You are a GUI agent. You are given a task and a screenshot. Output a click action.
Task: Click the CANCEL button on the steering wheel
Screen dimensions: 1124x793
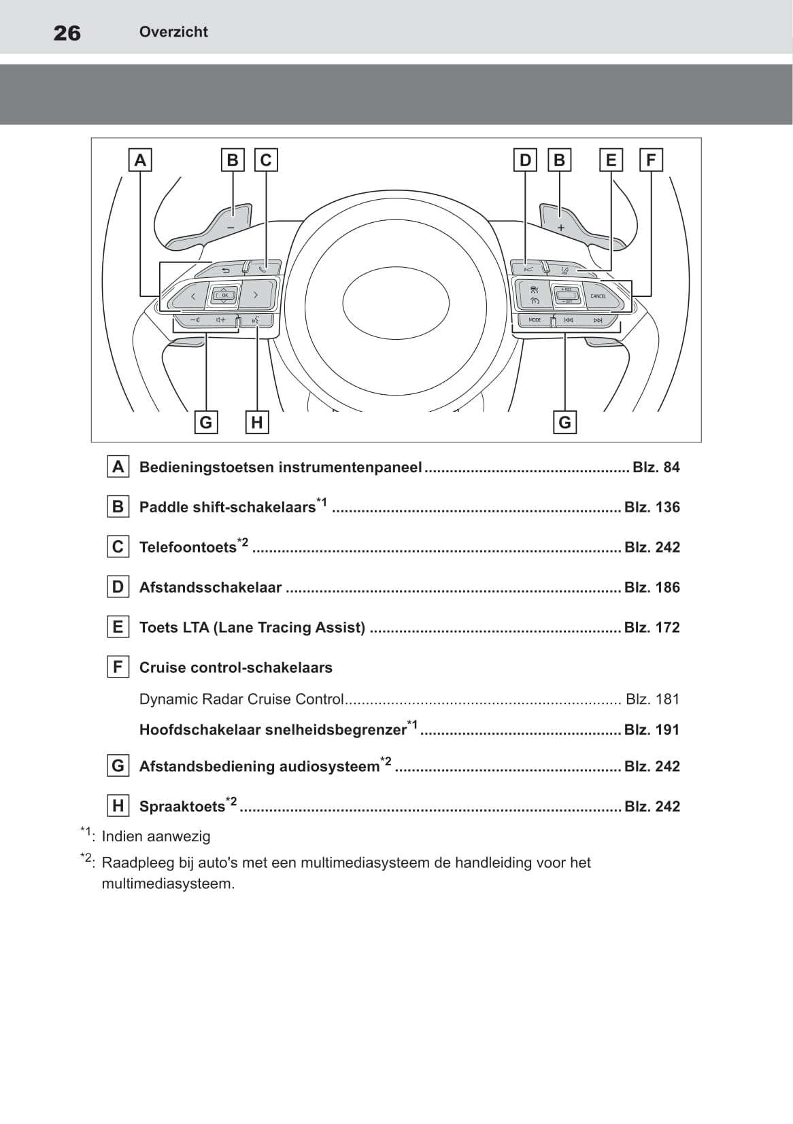tap(598, 296)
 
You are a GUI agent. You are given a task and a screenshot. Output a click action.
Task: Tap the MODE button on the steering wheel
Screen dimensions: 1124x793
tap(535, 319)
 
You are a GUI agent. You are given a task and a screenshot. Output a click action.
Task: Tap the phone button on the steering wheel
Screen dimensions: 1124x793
tap(263, 267)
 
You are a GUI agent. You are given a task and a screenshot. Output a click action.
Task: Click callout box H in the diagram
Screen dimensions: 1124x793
tap(256, 422)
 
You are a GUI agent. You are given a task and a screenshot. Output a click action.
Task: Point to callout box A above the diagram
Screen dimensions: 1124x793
tap(140, 160)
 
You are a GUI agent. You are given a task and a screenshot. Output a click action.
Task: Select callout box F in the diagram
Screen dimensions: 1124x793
tap(651, 160)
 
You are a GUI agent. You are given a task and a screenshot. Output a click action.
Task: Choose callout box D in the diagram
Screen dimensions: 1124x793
tap(525, 160)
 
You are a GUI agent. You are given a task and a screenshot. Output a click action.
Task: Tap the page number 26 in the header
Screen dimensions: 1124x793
tap(67, 33)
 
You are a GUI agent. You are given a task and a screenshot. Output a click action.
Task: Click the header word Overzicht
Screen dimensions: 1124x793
tap(173, 32)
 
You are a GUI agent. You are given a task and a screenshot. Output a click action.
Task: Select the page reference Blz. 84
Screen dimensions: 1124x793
tap(656, 467)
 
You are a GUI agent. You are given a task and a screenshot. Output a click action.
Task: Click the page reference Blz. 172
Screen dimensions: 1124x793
tap(652, 627)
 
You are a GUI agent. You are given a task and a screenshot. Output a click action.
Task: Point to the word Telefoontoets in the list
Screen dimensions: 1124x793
tap(188, 548)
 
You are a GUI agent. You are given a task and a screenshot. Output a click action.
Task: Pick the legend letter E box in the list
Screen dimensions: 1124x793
tap(118, 627)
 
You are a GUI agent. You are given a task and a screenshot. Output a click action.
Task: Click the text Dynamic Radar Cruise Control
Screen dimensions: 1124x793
tap(241, 699)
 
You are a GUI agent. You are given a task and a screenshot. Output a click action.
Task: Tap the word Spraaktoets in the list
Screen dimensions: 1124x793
tap(182, 807)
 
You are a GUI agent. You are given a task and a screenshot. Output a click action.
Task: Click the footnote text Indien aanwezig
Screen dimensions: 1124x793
tap(156, 837)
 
